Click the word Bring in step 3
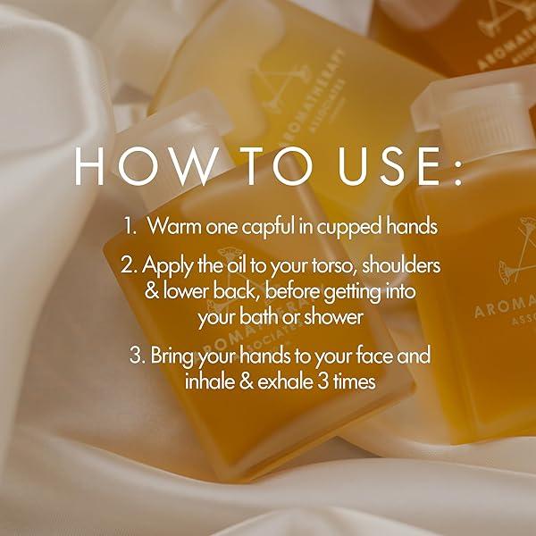pos(174,356)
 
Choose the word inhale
pos(209,381)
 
